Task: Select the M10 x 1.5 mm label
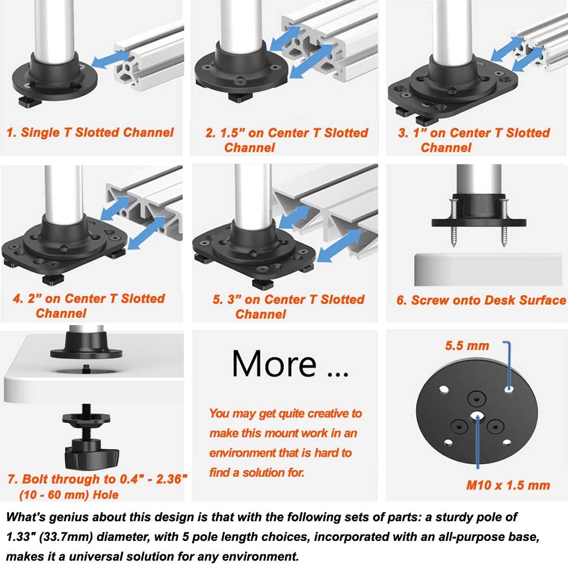coord(508,485)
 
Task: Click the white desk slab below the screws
coord(480,270)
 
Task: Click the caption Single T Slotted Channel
coord(90,133)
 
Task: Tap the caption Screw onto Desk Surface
coord(481,300)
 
